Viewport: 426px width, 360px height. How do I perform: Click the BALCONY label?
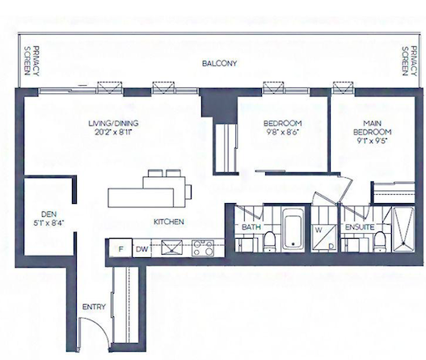coord(220,63)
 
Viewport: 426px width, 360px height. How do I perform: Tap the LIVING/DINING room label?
coord(113,123)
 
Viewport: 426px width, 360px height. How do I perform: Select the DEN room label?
coord(49,214)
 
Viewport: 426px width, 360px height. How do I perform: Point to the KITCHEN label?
coord(169,222)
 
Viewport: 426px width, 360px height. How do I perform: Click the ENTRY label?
coord(94,307)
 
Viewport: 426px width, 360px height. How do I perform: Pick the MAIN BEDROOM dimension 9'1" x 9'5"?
coord(372,141)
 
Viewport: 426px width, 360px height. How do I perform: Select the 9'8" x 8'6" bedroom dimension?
coord(283,132)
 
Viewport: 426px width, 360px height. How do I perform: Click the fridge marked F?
coord(120,248)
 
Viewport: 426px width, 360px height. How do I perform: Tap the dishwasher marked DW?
coord(141,248)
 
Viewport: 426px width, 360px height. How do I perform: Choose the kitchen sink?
coord(172,248)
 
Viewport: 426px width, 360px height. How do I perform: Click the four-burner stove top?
coord(203,248)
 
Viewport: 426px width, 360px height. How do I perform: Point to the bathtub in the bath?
coord(293,228)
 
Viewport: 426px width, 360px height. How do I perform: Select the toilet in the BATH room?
coord(270,241)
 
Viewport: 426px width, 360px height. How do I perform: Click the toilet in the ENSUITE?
coord(380,241)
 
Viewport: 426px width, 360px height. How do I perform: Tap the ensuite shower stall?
coord(403,229)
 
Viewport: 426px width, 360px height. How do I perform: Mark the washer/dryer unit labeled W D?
coord(325,238)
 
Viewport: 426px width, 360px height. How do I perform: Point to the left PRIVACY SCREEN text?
coord(32,61)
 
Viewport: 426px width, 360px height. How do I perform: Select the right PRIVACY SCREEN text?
coord(409,61)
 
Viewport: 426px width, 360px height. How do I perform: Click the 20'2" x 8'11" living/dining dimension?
coord(113,132)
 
